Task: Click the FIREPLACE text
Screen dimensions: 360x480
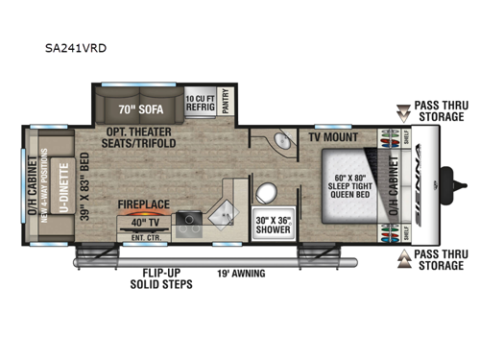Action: [x=144, y=204]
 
